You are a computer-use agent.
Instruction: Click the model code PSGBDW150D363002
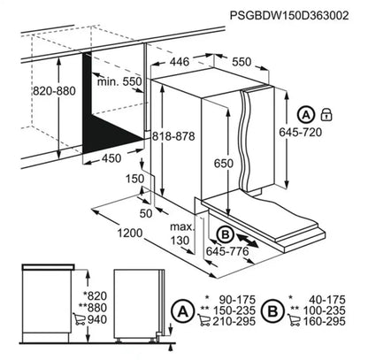(289, 15)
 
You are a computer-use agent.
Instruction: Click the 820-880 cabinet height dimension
(54, 91)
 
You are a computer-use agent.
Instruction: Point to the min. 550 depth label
(119, 81)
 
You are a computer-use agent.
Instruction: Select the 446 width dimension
(180, 62)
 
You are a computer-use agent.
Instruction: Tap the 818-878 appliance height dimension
(173, 136)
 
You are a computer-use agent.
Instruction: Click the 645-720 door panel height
(301, 132)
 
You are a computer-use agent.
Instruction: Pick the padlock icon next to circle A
(326, 114)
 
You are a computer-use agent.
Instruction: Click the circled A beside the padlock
(306, 115)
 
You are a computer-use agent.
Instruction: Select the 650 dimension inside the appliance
(224, 164)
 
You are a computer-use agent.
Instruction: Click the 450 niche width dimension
(111, 158)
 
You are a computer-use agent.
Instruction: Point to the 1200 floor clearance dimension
(130, 234)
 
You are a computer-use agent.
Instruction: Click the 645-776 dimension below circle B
(227, 251)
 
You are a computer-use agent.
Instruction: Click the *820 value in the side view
(95, 295)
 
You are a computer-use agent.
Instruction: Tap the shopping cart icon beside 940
(78, 319)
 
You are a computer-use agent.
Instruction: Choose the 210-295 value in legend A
(234, 321)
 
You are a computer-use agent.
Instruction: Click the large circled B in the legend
(272, 311)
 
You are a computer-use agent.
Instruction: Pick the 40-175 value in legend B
(327, 300)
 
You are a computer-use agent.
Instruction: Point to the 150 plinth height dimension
(135, 179)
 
